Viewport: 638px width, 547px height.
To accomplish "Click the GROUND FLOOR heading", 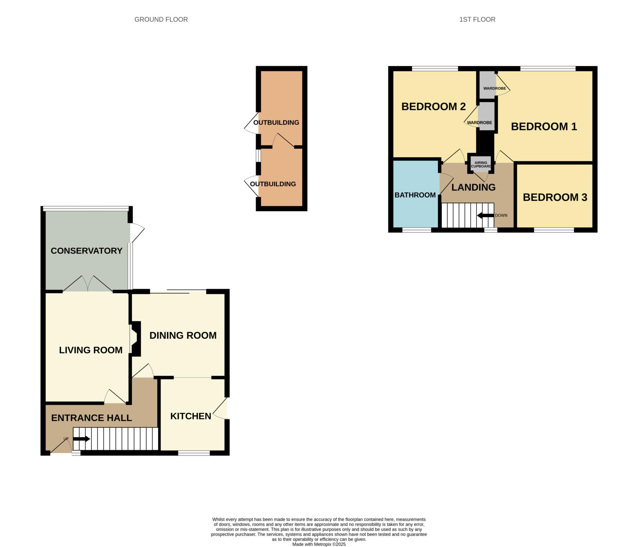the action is point(161,19).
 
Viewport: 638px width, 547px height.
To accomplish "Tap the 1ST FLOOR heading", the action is point(477,19).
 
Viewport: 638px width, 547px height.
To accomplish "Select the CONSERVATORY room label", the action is point(86,251).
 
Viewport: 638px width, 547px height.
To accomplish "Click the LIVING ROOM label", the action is point(91,350).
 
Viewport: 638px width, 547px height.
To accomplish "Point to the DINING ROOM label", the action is point(183,335).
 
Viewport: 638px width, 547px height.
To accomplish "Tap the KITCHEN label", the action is point(191,416).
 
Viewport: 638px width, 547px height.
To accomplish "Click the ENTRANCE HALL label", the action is point(91,418).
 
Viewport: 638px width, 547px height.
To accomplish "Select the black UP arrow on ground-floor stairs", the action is point(82,439).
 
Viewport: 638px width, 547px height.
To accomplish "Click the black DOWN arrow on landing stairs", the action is point(485,215).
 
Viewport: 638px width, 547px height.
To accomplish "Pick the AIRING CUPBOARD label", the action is point(481,164).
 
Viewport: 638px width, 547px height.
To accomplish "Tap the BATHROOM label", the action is point(415,195).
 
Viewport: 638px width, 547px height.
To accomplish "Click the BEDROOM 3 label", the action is point(555,197).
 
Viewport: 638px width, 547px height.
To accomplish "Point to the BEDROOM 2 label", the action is point(433,106).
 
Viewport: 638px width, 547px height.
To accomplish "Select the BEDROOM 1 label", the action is point(544,126).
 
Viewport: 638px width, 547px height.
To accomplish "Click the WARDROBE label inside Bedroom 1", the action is point(495,88).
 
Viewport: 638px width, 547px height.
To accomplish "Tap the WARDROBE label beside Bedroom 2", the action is point(479,123).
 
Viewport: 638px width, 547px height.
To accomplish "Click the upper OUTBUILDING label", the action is point(276,122).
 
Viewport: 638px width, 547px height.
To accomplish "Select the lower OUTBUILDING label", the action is point(273,184).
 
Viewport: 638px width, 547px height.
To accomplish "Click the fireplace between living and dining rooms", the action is point(136,339).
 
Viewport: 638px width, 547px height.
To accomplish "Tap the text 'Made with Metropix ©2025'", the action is point(319,544).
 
